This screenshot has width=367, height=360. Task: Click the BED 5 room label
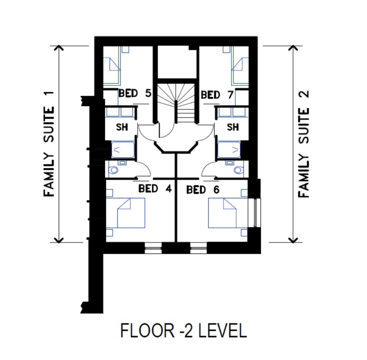(135, 93)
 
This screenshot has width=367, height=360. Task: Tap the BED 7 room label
(217, 95)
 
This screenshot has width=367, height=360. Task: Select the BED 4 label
(155, 189)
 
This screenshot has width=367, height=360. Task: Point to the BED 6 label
(203, 190)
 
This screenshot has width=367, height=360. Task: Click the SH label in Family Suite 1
(122, 127)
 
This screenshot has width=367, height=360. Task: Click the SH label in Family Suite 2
(233, 127)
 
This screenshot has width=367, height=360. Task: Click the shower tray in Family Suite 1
(123, 150)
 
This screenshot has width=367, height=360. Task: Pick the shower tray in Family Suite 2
(229, 150)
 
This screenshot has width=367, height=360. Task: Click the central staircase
(176, 103)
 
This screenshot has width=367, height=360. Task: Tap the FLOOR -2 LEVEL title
(183, 330)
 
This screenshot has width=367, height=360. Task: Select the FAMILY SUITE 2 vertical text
(304, 144)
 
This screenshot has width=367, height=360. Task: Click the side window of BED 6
(257, 213)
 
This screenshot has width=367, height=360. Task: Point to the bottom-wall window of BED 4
(153, 248)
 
